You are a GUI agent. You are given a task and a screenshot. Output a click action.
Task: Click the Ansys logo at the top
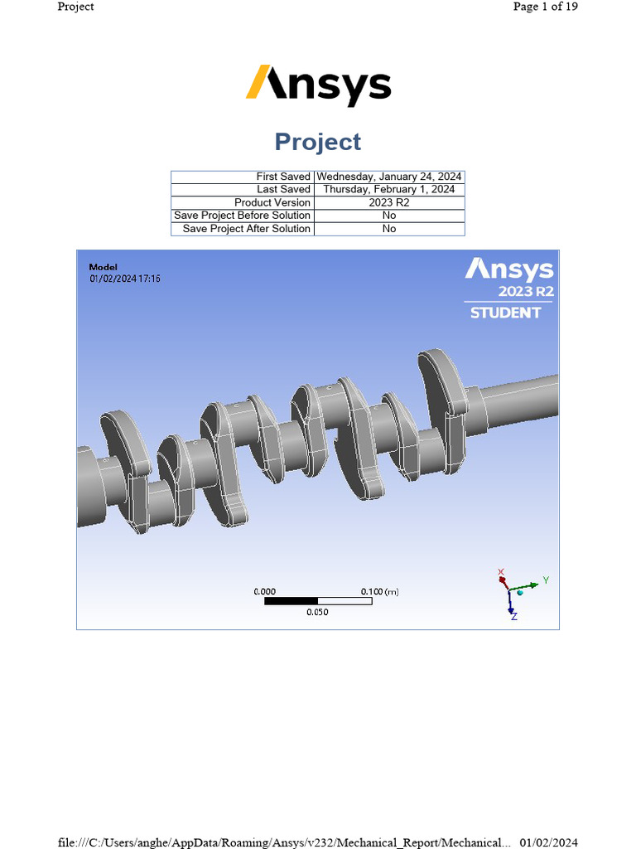[x=318, y=86]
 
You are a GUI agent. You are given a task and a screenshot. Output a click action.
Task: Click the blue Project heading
[x=318, y=142]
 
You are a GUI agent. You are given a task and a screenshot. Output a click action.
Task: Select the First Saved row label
[x=283, y=177]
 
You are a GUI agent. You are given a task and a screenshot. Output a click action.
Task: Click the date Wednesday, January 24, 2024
[x=389, y=177]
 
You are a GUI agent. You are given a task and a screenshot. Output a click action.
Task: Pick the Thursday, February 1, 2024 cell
[x=389, y=190]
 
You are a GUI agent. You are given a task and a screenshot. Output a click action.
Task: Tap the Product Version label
[x=272, y=202]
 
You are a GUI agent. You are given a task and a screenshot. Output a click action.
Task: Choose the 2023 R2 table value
[x=389, y=202]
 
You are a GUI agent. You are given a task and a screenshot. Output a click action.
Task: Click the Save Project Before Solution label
[x=242, y=216]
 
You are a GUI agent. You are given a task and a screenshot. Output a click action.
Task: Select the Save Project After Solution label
[x=246, y=229]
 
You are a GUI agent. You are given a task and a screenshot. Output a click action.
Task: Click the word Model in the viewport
[x=103, y=267]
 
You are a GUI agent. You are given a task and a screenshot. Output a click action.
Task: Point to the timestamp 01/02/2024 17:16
[x=125, y=279]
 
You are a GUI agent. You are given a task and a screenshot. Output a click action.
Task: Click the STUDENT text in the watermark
[x=505, y=313]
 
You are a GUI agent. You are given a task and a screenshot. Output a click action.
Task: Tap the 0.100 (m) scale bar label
[x=379, y=592]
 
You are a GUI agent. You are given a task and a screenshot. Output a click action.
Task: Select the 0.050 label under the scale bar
[x=317, y=612]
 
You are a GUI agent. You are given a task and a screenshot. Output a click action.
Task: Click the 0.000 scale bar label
[x=264, y=592]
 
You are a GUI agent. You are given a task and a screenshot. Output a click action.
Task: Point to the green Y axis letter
[x=545, y=580]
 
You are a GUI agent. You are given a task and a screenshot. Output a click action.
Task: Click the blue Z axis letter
[x=513, y=618]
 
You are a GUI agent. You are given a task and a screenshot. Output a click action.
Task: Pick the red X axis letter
[x=501, y=571]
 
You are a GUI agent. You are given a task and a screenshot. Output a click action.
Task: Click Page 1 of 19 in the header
[x=545, y=7]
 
